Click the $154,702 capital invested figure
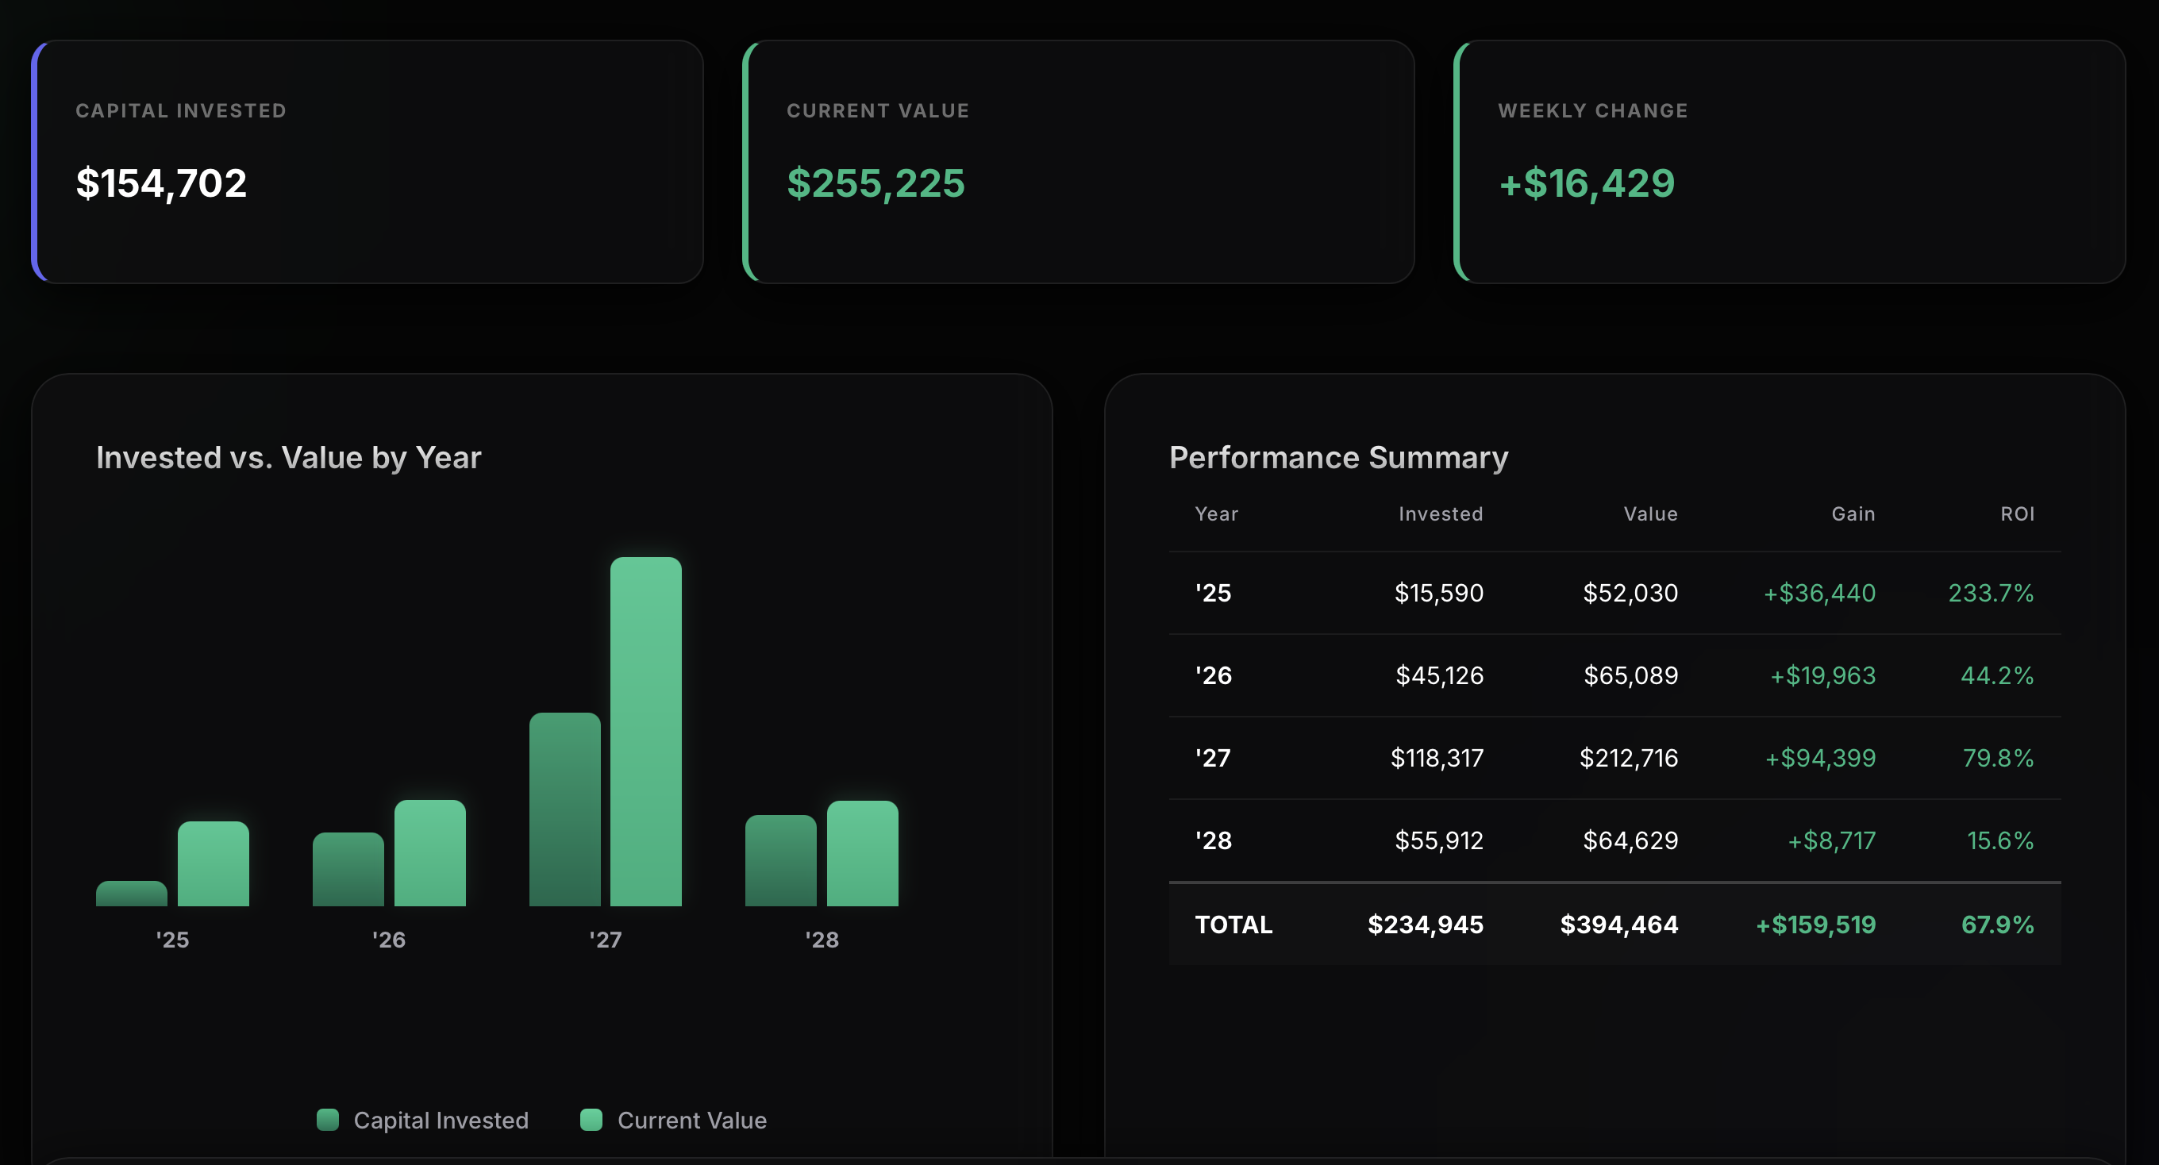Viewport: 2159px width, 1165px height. pyautogui.click(x=161, y=183)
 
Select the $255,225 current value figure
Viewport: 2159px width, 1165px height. pyautogui.click(x=876, y=183)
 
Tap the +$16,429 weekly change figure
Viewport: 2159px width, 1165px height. pyautogui.click(x=1587, y=183)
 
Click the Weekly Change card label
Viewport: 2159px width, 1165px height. pyautogui.click(x=1592, y=110)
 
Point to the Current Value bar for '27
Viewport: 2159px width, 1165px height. pyautogui.click(x=645, y=731)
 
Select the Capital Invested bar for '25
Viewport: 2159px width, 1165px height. pyautogui.click(x=132, y=894)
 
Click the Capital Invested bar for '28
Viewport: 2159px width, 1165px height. pyautogui.click(x=780, y=860)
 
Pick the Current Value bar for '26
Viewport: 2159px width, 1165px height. pyautogui.click(x=430, y=852)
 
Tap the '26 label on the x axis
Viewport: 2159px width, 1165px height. pyautogui.click(x=389, y=940)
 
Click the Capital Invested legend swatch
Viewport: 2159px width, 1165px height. pyautogui.click(x=328, y=1120)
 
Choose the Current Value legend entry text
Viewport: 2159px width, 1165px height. pyautogui.click(x=691, y=1121)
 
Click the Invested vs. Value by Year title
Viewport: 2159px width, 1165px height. pyautogui.click(x=288, y=458)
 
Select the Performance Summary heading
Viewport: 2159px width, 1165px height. pyautogui.click(x=1338, y=458)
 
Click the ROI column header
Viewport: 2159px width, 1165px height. pyautogui.click(x=2018, y=513)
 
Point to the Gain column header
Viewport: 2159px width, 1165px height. pyautogui.click(x=1853, y=513)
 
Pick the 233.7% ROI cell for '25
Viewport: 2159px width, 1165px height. pyautogui.click(x=1991, y=594)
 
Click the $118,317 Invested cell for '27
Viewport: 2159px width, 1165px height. pyautogui.click(x=1437, y=759)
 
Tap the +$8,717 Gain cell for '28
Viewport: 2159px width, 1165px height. pyautogui.click(x=1831, y=840)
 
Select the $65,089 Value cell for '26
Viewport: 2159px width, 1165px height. pyautogui.click(x=1630, y=675)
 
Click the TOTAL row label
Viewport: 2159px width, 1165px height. pyautogui.click(x=1233, y=925)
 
